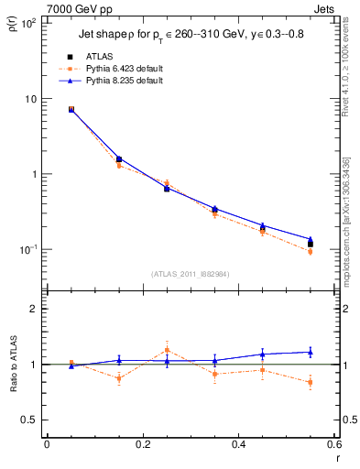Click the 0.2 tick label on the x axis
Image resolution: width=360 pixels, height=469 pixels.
coord(142,446)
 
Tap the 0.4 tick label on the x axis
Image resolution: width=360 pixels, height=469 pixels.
coord(238,446)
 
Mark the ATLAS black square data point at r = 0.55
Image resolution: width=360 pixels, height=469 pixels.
coord(311,245)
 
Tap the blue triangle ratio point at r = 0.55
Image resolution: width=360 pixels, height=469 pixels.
coord(311,352)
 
